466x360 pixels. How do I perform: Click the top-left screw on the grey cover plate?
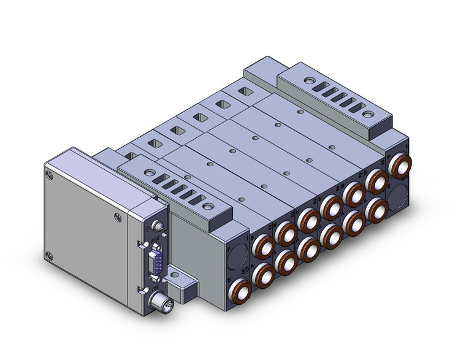pos(51,175)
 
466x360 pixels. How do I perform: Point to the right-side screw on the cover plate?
pos(117,215)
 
